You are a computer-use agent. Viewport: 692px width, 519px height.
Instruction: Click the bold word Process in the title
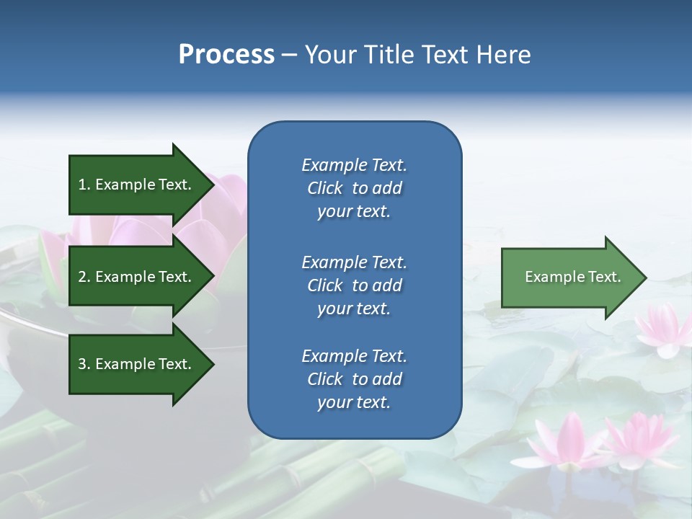(226, 55)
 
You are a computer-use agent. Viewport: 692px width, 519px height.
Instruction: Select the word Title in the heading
(391, 55)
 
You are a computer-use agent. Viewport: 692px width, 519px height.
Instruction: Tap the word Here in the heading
(505, 55)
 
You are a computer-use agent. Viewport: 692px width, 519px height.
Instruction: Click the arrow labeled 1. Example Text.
(137, 185)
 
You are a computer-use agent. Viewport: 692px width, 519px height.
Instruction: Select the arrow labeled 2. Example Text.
(137, 277)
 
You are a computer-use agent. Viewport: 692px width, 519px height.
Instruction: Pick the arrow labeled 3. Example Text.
(137, 364)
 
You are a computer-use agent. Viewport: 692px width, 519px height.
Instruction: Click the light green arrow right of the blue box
(569, 278)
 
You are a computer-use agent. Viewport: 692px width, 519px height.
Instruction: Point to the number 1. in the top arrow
(84, 185)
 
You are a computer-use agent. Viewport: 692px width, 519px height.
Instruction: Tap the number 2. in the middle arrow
(84, 277)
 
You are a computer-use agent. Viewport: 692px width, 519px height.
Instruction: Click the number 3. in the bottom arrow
(84, 364)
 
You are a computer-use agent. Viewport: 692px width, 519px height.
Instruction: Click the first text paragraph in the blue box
(354, 188)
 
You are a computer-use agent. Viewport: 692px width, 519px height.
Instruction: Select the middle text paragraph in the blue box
(354, 285)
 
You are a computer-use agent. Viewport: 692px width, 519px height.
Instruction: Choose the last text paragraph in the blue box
(354, 379)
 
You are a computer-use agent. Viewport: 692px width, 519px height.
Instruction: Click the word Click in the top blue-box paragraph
(324, 188)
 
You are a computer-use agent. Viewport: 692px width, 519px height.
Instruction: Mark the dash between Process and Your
(290, 55)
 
